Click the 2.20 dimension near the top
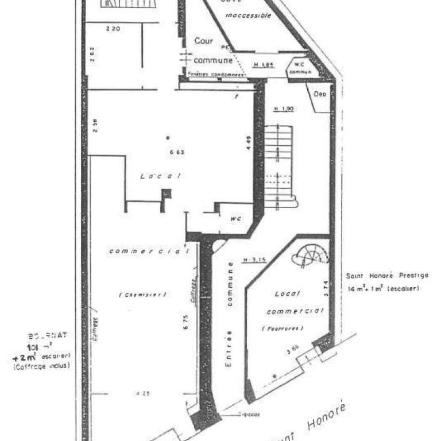[113, 28]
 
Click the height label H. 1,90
[284, 109]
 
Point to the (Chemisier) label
[143, 295]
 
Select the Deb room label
[320, 95]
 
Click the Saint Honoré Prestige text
[383, 276]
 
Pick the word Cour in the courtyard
[203, 41]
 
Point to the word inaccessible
[247, 16]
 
